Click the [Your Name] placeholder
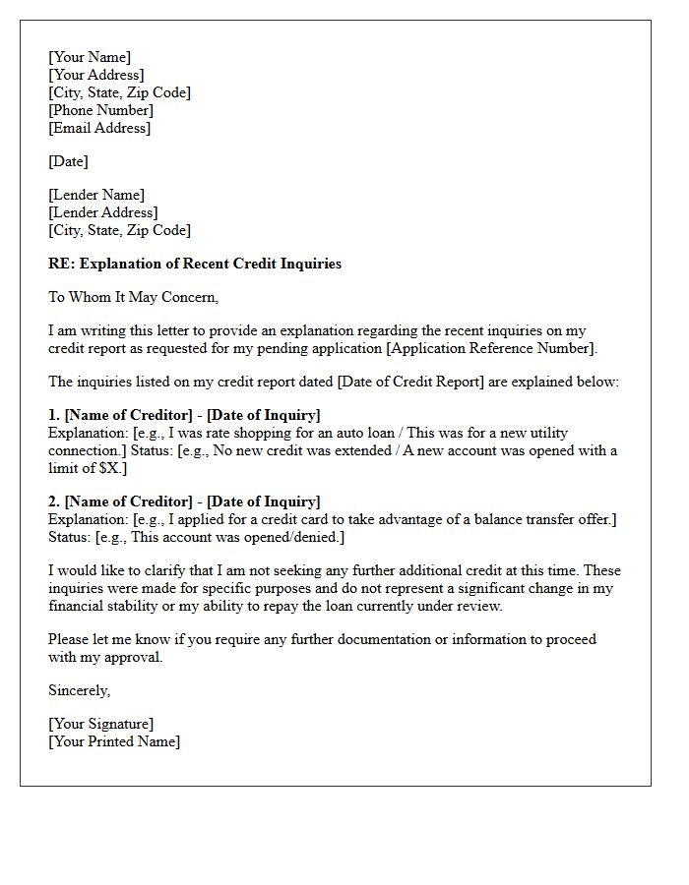(90, 57)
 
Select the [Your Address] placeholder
(96, 75)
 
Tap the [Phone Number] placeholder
(101, 110)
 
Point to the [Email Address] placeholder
(99, 128)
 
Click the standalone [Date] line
(69, 161)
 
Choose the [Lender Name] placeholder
(96, 195)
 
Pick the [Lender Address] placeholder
(103, 212)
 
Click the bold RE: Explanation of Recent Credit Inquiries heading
(195, 264)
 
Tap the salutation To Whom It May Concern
(134, 297)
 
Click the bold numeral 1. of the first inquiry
(54, 415)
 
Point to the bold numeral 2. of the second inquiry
(54, 501)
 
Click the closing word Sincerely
(79, 690)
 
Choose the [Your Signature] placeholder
(101, 724)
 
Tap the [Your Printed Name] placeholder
(114, 741)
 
